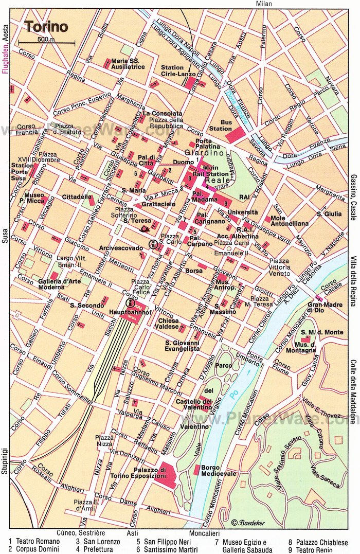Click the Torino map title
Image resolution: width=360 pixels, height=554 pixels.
click(x=45, y=26)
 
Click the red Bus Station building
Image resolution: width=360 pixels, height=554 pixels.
click(x=235, y=134)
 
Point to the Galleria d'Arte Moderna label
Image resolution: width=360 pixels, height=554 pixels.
click(x=58, y=284)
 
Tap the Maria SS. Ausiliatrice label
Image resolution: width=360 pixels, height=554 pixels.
click(x=130, y=63)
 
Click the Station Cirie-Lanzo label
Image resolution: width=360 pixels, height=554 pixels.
click(x=172, y=70)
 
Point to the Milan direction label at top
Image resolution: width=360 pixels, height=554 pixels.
click(x=263, y=4)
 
